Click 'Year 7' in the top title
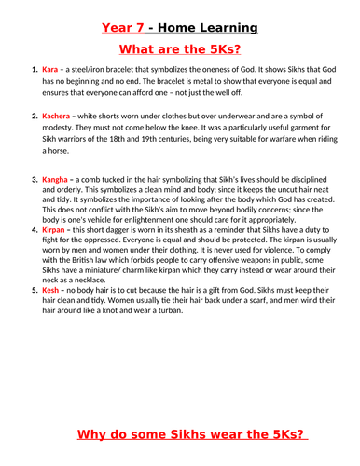pyautogui.click(x=132, y=16)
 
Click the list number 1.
pyautogui.click(x=35, y=69)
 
